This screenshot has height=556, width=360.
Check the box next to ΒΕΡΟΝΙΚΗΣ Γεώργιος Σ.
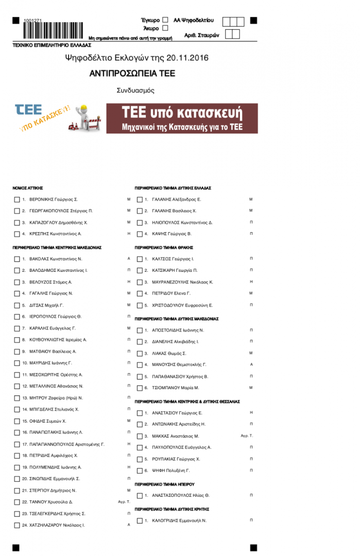click(x=17, y=199)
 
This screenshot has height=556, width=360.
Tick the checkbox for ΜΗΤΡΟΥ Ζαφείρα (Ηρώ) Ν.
click(x=17, y=398)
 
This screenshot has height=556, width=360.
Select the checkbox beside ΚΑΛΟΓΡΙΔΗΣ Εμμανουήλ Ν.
click(x=140, y=520)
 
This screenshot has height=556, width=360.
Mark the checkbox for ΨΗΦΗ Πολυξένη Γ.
click(x=140, y=471)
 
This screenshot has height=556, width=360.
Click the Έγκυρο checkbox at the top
click(x=165, y=20)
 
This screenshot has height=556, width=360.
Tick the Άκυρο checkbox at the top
click(x=165, y=28)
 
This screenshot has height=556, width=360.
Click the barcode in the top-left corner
click(x=54, y=29)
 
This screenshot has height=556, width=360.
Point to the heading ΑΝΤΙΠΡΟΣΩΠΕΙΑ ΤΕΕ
click(x=132, y=74)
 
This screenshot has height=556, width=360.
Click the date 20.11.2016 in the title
click(x=191, y=58)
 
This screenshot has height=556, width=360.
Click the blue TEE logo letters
click(x=29, y=110)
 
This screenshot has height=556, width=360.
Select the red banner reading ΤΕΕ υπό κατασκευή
click(x=182, y=118)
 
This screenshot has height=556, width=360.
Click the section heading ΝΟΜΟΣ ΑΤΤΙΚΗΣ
click(x=27, y=188)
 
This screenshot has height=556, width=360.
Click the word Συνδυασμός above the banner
click(x=135, y=91)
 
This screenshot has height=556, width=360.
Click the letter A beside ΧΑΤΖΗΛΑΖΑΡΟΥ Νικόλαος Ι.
click(x=129, y=525)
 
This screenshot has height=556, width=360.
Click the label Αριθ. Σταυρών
click(x=202, y=36)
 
